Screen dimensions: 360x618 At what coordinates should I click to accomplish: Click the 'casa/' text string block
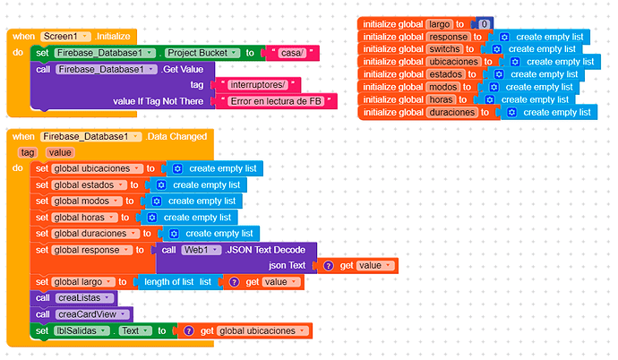292,53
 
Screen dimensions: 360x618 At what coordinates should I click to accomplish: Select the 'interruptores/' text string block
259,84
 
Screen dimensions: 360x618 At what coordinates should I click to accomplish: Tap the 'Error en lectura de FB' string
277,100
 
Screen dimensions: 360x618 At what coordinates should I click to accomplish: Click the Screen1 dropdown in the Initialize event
66,37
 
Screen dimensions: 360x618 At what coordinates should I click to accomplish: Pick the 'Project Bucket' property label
207,53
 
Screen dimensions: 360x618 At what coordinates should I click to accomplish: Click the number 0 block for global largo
484,23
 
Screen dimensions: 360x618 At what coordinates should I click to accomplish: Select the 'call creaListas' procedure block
75,298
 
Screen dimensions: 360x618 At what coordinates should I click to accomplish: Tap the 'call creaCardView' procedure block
82,314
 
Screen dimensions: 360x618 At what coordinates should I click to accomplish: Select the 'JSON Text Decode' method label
270,249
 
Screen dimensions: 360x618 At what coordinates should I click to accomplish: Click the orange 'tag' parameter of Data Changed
26,152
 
